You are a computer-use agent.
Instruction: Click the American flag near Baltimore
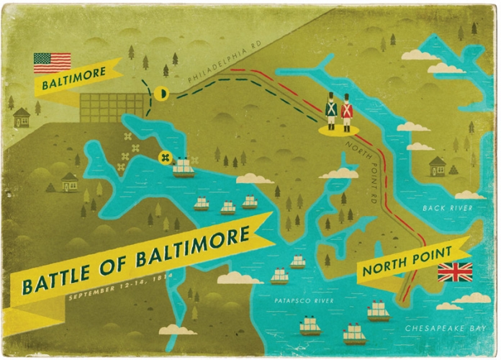(52, 63)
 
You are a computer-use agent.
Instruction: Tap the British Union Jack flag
(455, 272)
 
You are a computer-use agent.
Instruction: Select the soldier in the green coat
(331, 110)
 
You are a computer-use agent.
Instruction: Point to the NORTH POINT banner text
(407, 261)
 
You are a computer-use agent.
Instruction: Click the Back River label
(448, 208)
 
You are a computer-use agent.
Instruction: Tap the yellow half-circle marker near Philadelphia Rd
(163, 93)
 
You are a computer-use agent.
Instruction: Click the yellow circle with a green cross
(165, 157)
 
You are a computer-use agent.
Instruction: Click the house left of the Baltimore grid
(22, 117)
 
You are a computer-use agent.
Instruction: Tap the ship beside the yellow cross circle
(184, 167)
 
